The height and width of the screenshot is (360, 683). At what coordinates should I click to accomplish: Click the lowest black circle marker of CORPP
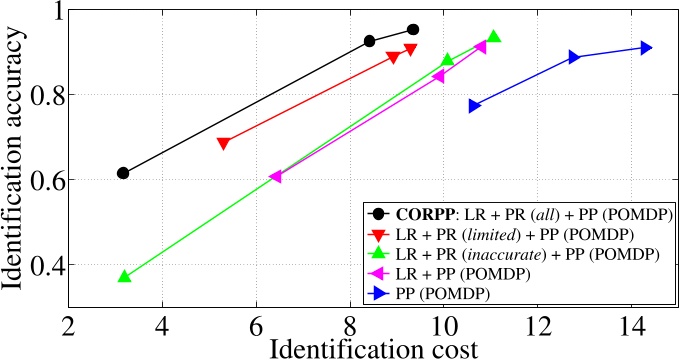pos(123,173)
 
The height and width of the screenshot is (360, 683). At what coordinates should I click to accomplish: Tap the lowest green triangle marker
pos(124,276)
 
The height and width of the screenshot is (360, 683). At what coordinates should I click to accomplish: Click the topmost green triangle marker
pos(493,36)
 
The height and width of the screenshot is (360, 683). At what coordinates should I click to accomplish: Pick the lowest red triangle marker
pos(223,144)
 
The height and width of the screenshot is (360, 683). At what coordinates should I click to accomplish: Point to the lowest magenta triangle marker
pos(275,177)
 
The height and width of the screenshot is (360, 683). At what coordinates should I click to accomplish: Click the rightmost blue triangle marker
pos(646,48)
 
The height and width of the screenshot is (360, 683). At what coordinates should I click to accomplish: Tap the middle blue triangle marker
pos(574,57)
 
